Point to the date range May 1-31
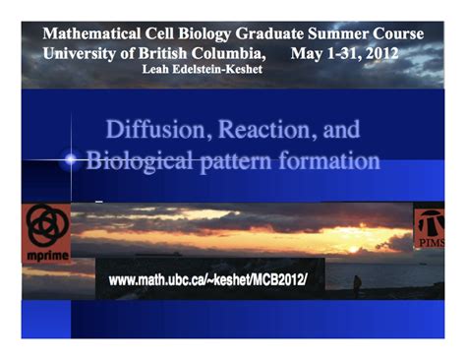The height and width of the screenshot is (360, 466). [324, 51]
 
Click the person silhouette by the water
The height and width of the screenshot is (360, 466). [357, 284]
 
